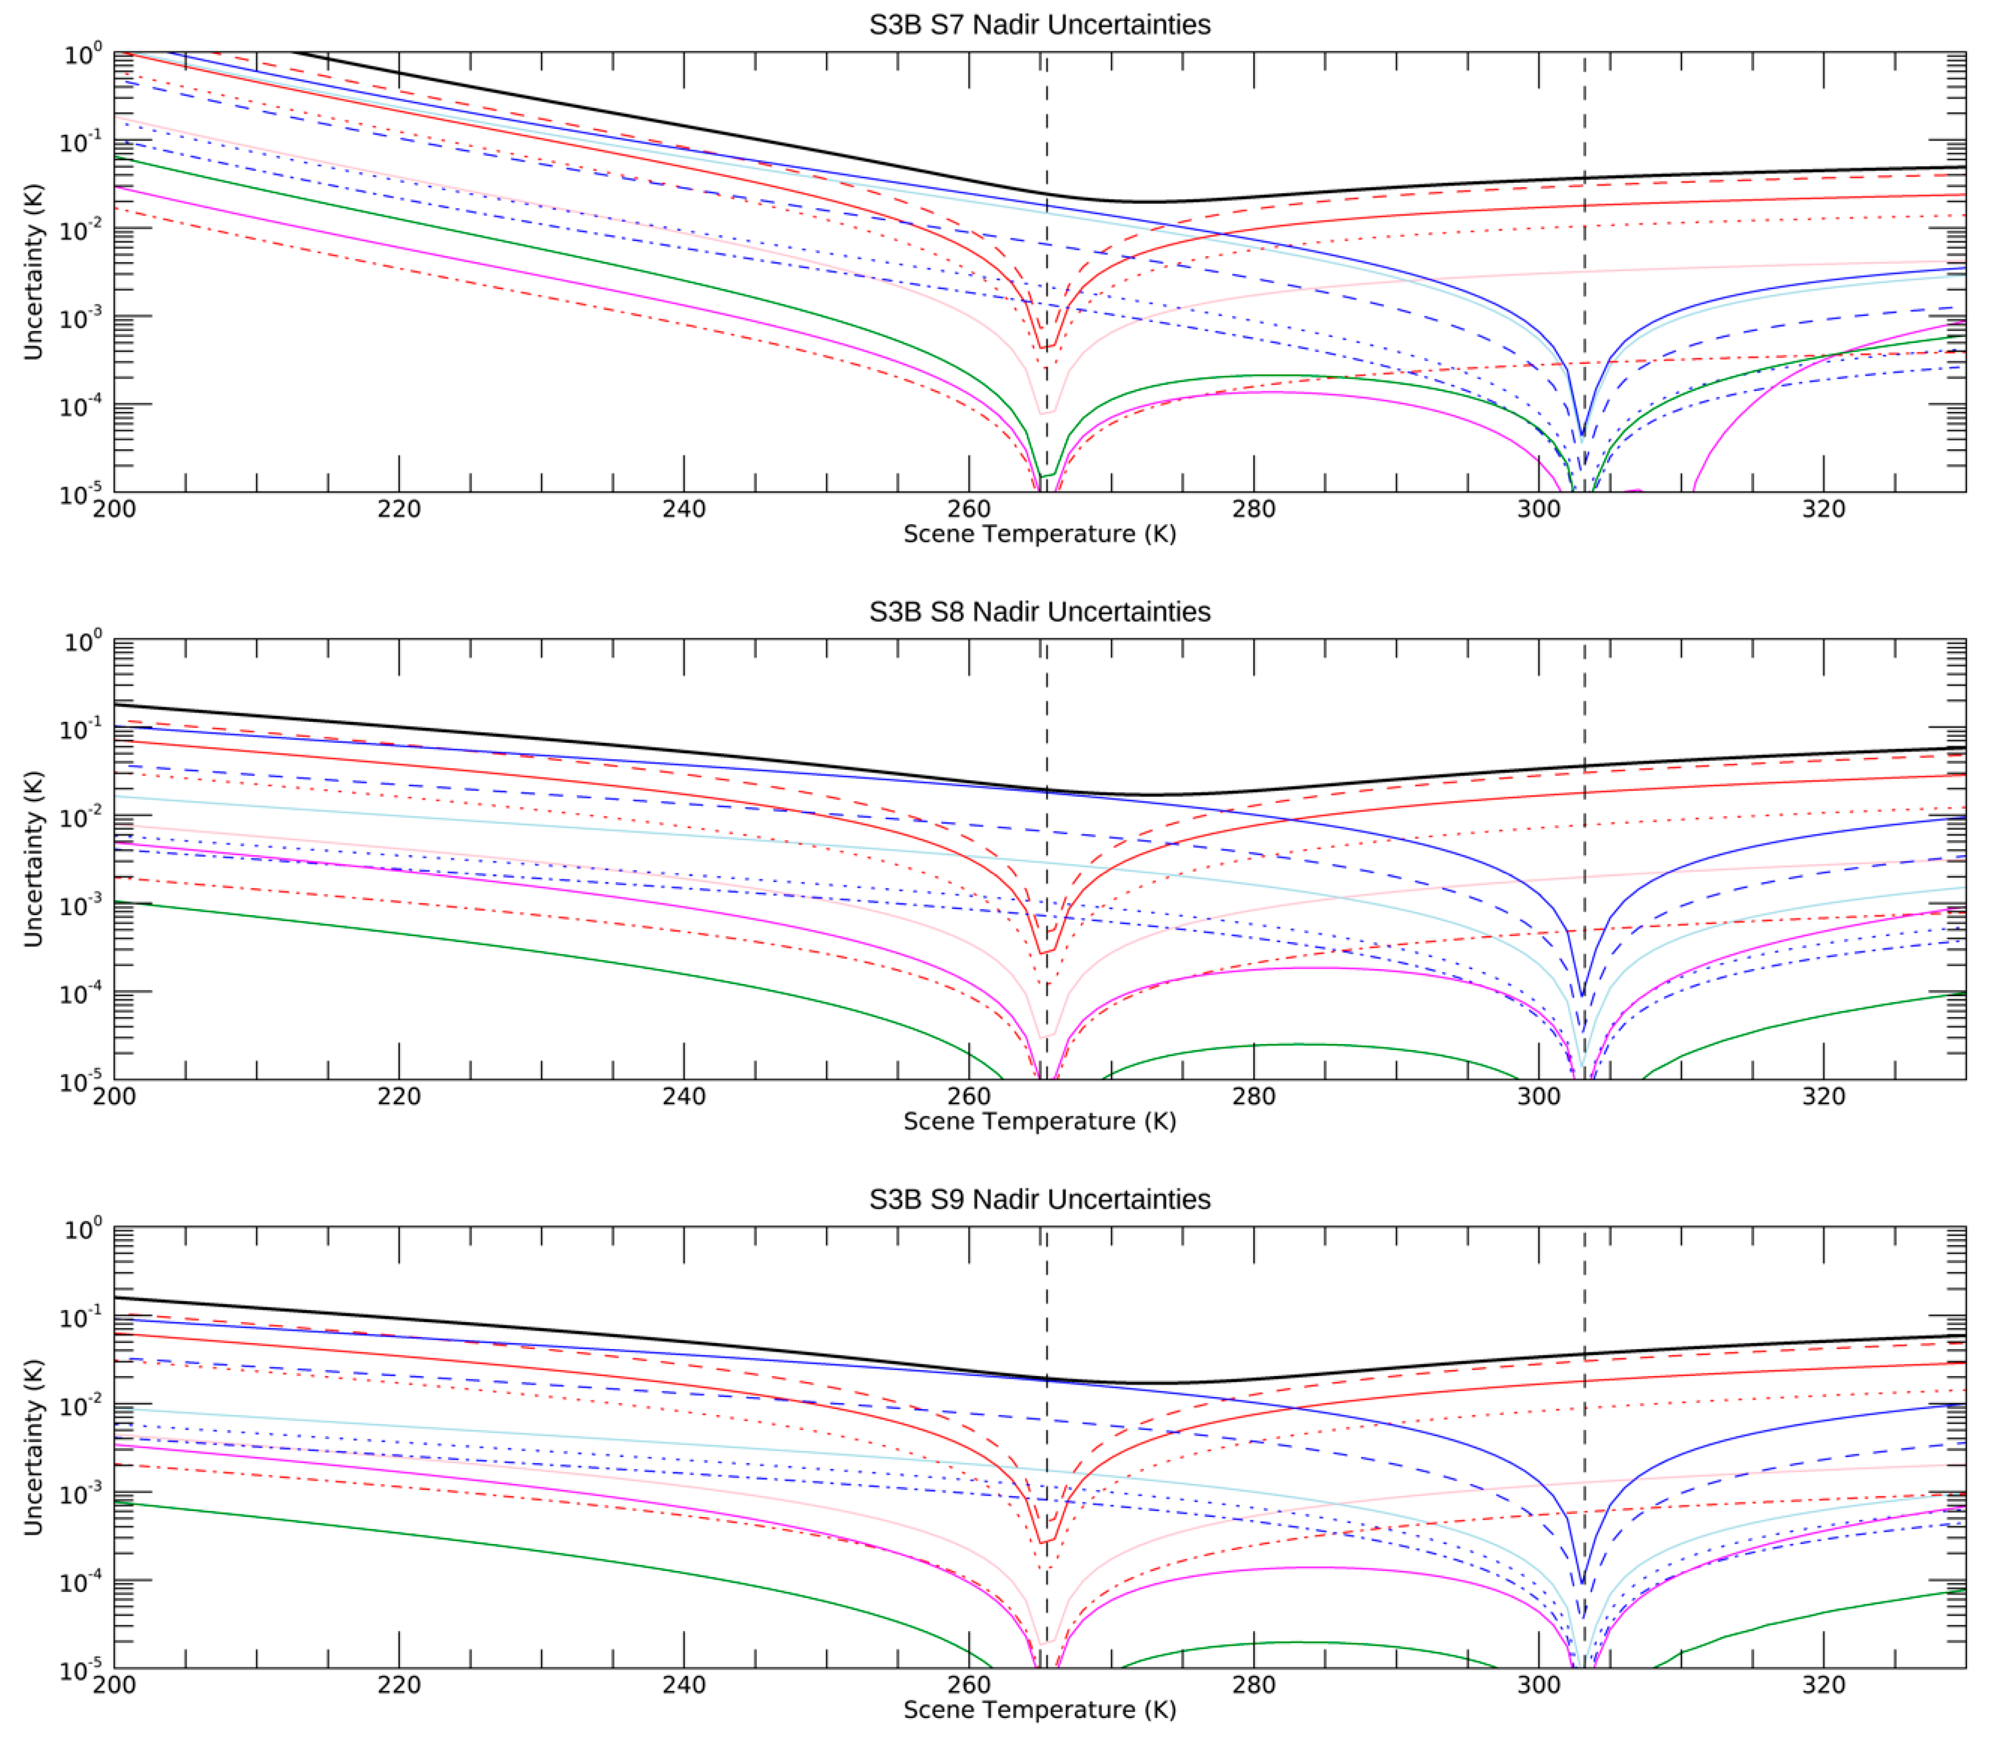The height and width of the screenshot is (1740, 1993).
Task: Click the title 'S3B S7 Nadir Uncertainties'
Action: pyautogui.click(x=1039, y=24)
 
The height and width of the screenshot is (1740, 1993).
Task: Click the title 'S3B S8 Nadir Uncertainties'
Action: pyautogui.click(x=1039, y=612)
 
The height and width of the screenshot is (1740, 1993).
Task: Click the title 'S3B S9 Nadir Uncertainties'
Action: pyautogui.click(x=1039, y=1199)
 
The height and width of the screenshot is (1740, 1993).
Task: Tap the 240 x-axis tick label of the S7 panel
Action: pyautogui.click(x=684, y=509)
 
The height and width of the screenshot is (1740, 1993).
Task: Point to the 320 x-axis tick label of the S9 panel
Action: pyautogui.click(x=1823, y=1684)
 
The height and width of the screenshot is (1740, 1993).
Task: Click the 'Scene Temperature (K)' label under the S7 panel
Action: pyautogui.click(x=1039, y=534)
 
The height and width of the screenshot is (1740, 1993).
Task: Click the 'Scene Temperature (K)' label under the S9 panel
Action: pyautogui.click(x=1039, y=1709)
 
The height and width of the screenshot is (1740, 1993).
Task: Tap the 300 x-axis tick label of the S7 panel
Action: pyautogui.click(x=1539, y=509)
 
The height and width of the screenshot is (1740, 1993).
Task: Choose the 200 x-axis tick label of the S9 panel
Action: pyautogui.click(x=115, y=1684)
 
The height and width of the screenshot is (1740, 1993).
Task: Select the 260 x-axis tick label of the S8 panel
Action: pyautogui.click(x=968, y=1096)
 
